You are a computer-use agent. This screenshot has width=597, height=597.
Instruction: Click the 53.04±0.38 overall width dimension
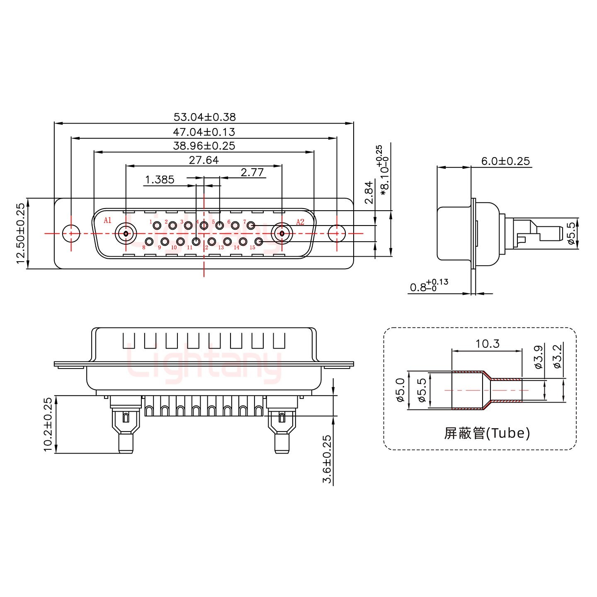pyautogui.click(x=204, y=117)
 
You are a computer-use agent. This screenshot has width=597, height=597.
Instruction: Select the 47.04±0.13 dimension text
pyautogui.click(x=204, y=132)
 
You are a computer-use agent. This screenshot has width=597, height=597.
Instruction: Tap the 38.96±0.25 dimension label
pyautogui.click(x=204, y=146)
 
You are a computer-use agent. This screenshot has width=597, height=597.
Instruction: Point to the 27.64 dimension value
pyautogui.click(x=204, y=160)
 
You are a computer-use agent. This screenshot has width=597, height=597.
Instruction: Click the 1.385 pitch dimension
pyautogui.click(x=160, y=180)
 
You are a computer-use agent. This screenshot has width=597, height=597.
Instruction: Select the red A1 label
pyautogui.click(x=107, y=220)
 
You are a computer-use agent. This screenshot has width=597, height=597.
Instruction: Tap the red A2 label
pyautogui.click(x=300, y=222)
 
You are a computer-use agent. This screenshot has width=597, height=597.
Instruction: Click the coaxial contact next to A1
pyautogui.click(x=126, y=233)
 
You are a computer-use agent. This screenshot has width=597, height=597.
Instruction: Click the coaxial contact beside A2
pyautogui.click(x=282, y=233)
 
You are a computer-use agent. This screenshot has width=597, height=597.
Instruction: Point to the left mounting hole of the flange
pyautogui.click(x=71, y=233)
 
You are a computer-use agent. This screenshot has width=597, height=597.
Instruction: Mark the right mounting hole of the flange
pyautogui.click(x=337, y=233)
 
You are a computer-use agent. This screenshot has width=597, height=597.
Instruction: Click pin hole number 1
pyautogui.click(x=157, y=226)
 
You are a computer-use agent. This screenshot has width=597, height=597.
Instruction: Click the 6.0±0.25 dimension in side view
pyautogui.click(x=505, y=161)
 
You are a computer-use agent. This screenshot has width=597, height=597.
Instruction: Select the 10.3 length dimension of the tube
pyautogui.click(x=488, y=344)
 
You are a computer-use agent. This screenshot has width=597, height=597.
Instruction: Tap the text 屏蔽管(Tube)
pyautogui.click(x=487, y=433)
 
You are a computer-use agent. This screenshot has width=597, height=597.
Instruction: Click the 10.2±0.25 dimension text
pyautogui.click(x=48, y=424)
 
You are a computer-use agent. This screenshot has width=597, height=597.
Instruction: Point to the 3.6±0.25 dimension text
pyautogui.click(x=327, y=459)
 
